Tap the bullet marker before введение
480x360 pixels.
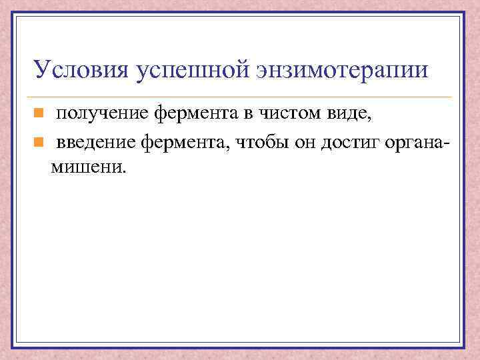click(x=39, y=141)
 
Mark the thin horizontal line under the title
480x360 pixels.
click(x=240, y=97)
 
